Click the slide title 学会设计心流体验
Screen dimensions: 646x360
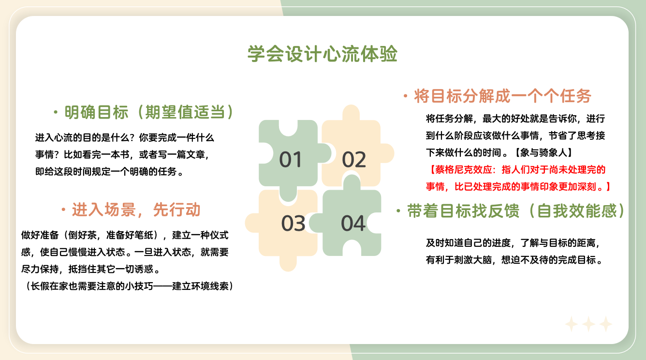point(323,54)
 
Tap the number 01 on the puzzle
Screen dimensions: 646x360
point(291,159)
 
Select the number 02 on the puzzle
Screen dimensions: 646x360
point(354,159)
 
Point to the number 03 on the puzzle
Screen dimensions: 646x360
point(293,223)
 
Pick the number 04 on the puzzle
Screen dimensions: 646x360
point(353,223)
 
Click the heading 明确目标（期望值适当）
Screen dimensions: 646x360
point(148,112)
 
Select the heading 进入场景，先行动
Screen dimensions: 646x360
point(136,210)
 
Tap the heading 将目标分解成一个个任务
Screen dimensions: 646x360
point(503,96)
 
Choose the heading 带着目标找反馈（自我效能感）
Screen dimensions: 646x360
point(515,210)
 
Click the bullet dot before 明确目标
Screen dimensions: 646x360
point(56,112)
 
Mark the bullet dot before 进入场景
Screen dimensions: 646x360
point(63,210)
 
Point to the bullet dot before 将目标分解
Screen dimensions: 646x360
point(406,96)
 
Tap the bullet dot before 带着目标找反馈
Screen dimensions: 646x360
point(398,211)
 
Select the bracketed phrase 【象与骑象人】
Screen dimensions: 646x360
point(543,152)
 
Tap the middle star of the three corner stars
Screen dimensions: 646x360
point(588,324)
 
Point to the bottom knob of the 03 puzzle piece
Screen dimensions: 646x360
point(288,263)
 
